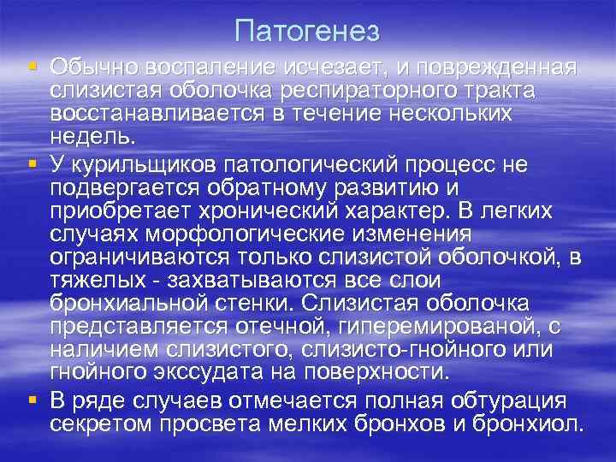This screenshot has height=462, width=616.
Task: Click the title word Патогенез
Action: (x=306, y=32)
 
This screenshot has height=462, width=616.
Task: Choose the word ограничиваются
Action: (x=147, y=257)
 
